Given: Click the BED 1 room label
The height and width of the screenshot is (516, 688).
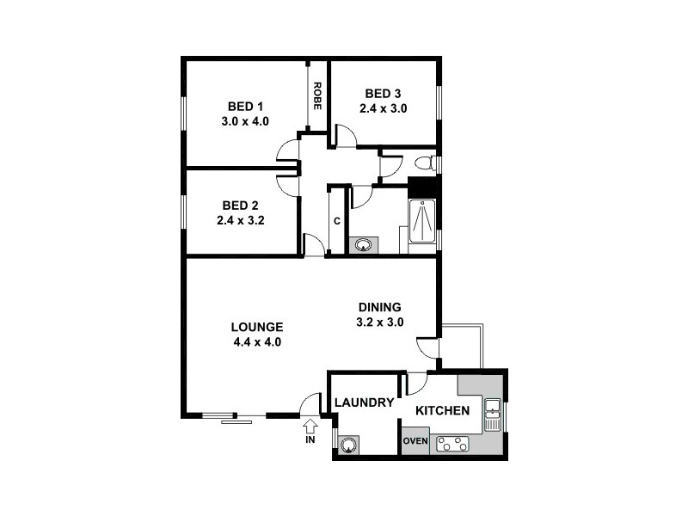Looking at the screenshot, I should pos(245,107).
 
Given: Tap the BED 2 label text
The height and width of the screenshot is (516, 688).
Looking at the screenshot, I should pos(240,206).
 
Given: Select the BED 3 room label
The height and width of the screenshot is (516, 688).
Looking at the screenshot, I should pos(383,94).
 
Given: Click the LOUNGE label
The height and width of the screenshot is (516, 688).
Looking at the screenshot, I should pos(257,327).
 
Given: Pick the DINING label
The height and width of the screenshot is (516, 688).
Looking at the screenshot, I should pos(380,307).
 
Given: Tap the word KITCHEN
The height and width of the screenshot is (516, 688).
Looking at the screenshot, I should pos(443,411).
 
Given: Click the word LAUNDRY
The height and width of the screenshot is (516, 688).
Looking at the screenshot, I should pos(364,402).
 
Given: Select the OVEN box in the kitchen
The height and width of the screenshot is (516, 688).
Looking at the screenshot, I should pos(416,443).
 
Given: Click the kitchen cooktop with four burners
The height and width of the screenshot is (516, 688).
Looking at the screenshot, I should pos(453,445).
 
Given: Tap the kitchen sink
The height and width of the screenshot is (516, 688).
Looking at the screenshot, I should pos(493,415).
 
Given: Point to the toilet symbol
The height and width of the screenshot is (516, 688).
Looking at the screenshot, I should pos(424,163).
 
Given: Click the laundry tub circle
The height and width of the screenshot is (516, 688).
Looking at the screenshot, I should pos(349,445).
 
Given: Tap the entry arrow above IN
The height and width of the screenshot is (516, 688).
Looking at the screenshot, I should pos(310,426).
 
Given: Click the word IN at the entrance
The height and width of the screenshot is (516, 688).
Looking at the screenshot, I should pos(310,440).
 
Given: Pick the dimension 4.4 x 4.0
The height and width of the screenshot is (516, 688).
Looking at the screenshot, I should pos(257,341).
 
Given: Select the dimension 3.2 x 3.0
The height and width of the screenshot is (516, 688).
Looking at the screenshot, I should pos(380,322).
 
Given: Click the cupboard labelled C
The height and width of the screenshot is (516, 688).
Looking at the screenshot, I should pos(337,221).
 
